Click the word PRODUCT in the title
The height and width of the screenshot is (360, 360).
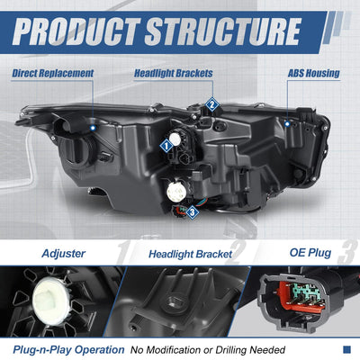[76, 31]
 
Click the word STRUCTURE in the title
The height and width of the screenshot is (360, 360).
[223, 31]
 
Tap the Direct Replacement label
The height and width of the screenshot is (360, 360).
[53, 73]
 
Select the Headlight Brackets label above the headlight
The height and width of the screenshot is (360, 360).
[174, 73]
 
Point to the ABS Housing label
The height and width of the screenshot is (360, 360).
[314, 73]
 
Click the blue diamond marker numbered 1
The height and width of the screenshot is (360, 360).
[166, 147]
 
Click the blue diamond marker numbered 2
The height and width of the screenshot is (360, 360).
[211, 104]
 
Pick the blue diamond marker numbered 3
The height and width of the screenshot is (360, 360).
[193, 212]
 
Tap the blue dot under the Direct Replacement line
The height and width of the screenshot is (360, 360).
[93, 128]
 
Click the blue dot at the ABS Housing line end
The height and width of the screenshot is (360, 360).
[287, 123]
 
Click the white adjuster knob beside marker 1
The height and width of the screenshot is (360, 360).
[175, 139]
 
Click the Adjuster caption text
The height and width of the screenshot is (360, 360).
[63, 254]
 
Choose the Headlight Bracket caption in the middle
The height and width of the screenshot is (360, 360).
[190, 255]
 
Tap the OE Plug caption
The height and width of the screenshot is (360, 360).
[310, 253]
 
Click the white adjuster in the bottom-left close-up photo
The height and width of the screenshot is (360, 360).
[51, 301]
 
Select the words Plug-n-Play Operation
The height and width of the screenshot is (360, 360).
[68, 350]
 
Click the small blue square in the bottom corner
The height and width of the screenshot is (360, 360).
[346, 349]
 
